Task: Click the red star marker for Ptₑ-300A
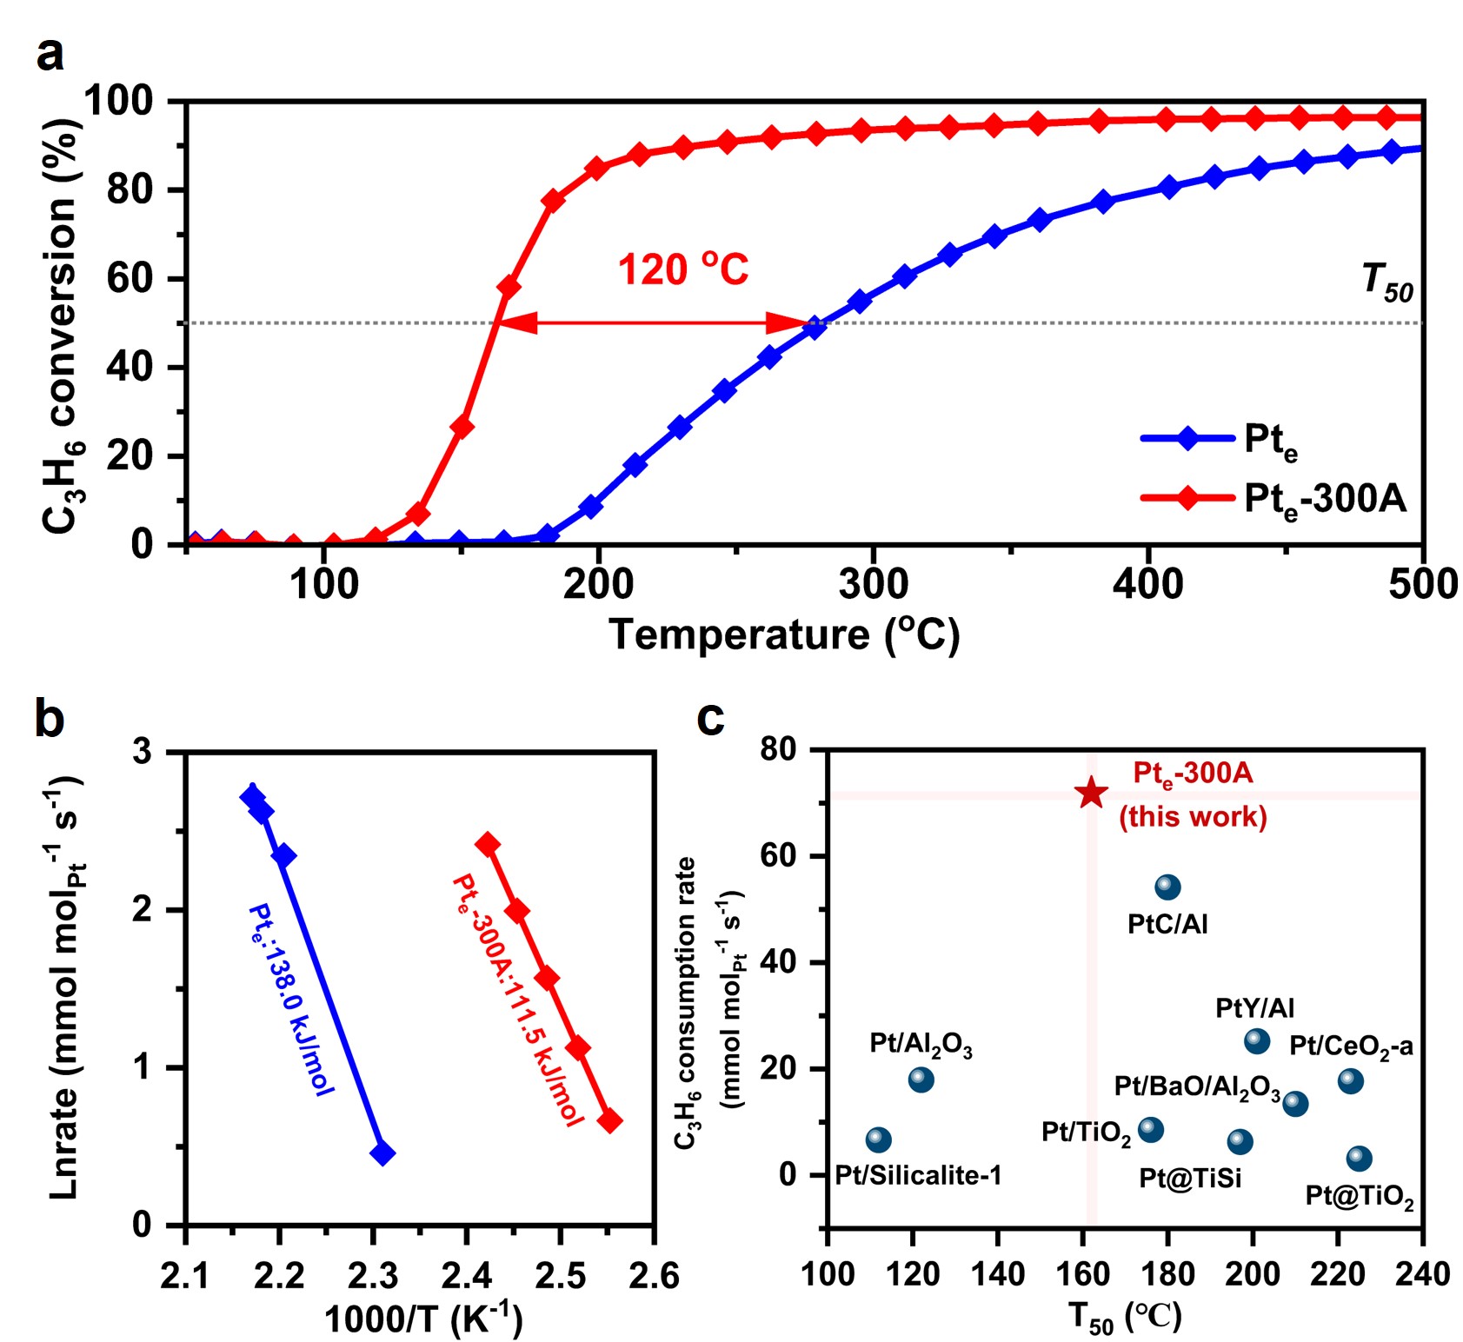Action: point(1091,793)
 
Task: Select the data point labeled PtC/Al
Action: point(1167,887)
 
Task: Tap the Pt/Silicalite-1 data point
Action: point(879,1139)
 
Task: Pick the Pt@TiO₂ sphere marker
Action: point(1359,1159)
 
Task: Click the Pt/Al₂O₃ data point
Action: point(921,1080)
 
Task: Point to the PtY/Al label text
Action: point(1254,1008)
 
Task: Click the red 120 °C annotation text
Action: point(682,269)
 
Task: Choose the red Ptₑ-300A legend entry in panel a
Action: point(1273,499)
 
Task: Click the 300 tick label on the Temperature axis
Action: point(873,584)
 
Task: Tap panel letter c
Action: point(710,718)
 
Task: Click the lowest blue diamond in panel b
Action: point(382,1153)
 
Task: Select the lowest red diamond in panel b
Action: point(609,1120)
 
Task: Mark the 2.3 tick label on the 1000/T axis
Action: point(373,1276)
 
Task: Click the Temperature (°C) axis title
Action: point(784,635)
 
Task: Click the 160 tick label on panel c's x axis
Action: point(1082,1274)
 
